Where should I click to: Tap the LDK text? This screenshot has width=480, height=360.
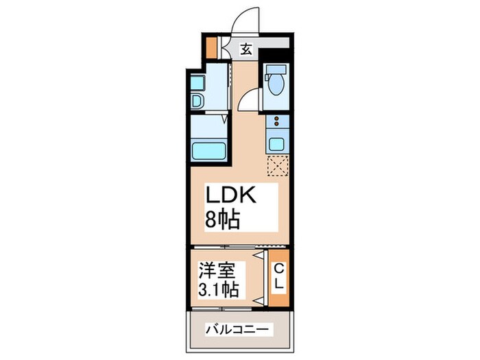(232, 197)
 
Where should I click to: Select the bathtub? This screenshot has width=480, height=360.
(208, 150)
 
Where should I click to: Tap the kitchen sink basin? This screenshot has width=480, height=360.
(278, 145)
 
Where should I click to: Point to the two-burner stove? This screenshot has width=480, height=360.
(278, 124)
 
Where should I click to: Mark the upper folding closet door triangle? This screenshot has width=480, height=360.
(259, 256)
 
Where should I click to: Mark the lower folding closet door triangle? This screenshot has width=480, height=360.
(259, 300)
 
